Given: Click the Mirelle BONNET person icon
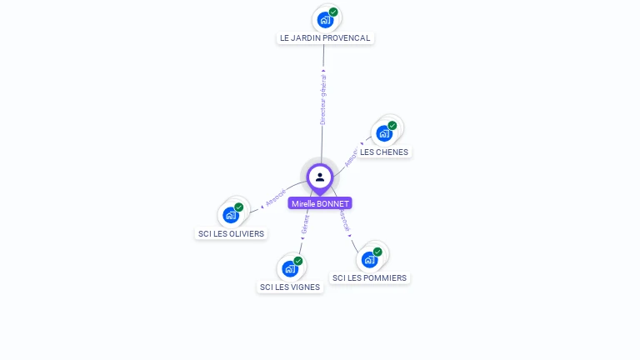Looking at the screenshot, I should coord(320,177).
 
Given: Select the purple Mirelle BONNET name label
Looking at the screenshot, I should coord(320,203).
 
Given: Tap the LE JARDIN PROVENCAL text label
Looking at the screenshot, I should coord(325,37).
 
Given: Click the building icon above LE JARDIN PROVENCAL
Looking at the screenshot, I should coord(325,19).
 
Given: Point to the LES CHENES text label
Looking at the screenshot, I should coord(384,152).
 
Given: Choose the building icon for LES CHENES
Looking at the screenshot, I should coord(384,132).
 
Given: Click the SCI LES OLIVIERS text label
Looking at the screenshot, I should coord(231,233).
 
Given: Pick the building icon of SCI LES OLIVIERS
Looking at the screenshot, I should coord(231,214).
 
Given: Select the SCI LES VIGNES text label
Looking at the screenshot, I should coord(290,287).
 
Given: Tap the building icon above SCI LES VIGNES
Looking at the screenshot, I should coord(290,267).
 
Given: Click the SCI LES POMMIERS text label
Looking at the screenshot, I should coord(370,277).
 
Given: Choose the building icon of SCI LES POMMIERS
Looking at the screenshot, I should coord(370,258).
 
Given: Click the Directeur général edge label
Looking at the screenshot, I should coord(323,100).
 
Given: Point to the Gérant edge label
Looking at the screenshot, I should coord(305,224).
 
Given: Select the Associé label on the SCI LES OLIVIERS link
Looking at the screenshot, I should coord(275,197).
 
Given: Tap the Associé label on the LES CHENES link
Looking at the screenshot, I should coord(351,158).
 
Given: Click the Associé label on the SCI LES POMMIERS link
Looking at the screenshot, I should coord(343,219).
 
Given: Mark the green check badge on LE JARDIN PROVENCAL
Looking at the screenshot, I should coord(333,12).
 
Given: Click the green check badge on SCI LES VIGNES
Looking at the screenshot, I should coord(298,261).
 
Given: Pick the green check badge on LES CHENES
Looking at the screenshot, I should coord(392,125).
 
